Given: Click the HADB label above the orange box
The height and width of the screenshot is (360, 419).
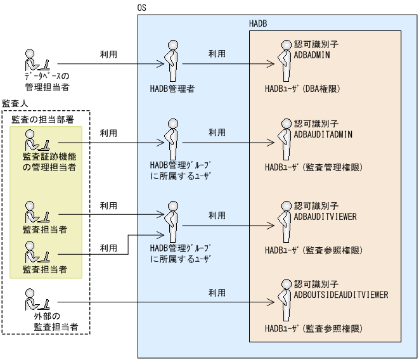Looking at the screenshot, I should [x=259, y=23].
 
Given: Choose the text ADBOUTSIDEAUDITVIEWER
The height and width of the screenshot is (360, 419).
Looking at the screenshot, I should [x=341, y=295].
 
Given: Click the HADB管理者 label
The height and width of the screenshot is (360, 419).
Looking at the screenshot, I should [x=172, y=89].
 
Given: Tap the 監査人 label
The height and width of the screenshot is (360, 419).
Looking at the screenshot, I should [x=14, y=103].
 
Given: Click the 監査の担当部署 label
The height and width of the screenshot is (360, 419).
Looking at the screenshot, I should [x=37, y=119].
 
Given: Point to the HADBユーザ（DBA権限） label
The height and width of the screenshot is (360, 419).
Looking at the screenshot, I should [x=302, y=89].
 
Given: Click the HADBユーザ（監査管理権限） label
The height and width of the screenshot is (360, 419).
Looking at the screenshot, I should [x=313, y=168].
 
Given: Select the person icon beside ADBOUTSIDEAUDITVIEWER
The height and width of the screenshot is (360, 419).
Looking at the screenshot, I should [x=283, y=300].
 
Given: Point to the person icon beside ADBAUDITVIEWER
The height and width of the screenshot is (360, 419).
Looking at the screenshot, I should [x=283, y=221].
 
